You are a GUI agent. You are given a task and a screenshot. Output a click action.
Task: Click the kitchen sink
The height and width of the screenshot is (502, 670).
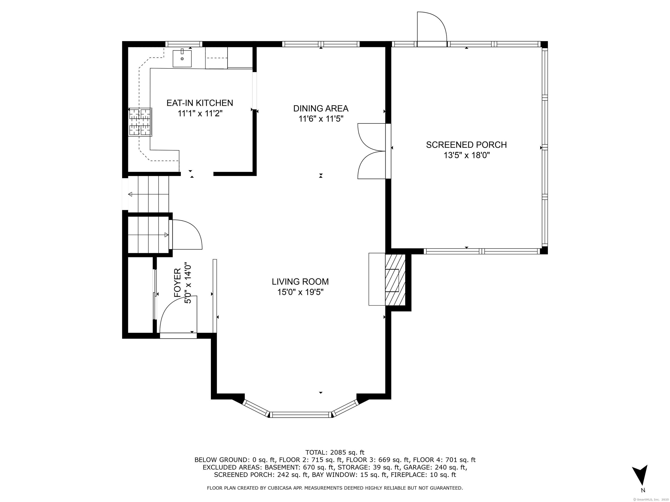point(182,58)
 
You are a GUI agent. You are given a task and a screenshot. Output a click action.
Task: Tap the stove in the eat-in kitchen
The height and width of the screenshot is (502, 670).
point(140,122)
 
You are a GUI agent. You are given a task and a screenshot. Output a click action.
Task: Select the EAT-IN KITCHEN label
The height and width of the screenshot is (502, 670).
point(200,103)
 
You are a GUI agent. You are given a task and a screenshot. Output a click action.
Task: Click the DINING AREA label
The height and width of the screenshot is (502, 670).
point(321,108)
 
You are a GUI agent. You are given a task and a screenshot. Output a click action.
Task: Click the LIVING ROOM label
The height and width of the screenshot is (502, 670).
point(300,282)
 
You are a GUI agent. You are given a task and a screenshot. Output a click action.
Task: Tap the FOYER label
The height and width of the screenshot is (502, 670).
point(178,282)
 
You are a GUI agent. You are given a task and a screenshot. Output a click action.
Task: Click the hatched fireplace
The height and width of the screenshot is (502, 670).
point(395,280)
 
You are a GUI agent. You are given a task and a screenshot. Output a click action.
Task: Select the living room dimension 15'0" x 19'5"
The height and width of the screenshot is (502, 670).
point(300,292)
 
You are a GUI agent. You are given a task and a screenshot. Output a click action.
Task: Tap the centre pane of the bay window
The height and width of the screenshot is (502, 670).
point(301,415)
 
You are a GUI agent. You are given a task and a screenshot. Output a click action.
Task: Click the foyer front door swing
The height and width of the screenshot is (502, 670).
point(178,315)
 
